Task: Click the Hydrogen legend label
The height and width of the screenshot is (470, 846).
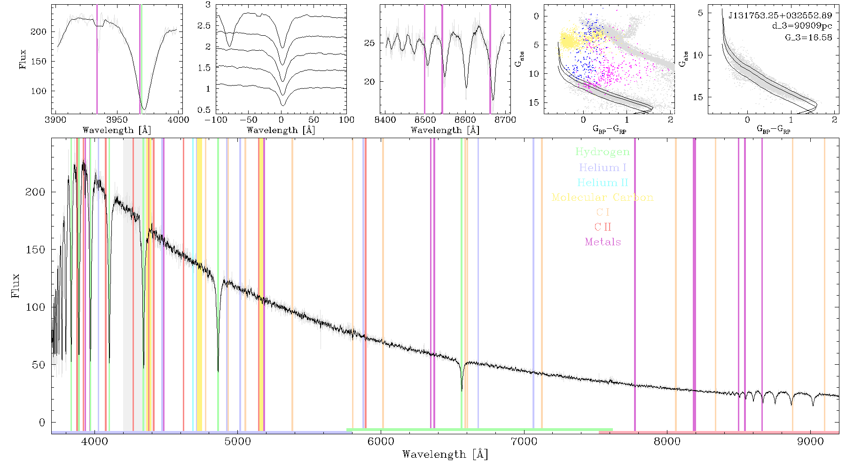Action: [x=602, y=152]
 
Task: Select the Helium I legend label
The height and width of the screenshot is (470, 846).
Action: [x=603, y=167]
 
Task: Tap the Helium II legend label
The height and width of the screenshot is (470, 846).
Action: [x=603, y=182]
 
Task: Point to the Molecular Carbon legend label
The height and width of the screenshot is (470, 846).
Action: [x=603, y=197]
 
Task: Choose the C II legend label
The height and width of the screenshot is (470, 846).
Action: [x=603, y=227]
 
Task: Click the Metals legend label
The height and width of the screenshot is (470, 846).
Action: [x=603, y=242]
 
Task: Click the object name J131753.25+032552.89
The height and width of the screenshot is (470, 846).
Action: [x=780, y=16]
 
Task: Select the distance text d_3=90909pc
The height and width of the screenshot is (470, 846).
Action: [x=802, y=26]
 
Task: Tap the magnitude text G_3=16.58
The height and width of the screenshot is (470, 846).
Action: [x=808, y=37]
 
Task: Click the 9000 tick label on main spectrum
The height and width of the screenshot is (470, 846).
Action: [x=810, y=441]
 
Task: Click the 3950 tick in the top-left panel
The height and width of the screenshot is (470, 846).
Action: [x=117, y=120]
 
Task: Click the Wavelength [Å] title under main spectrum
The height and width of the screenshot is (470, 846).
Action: [x=445, y=454]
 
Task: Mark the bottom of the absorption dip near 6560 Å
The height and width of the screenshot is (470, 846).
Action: [x=462, y=390]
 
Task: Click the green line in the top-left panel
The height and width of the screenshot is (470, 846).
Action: [x=141, y=59]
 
